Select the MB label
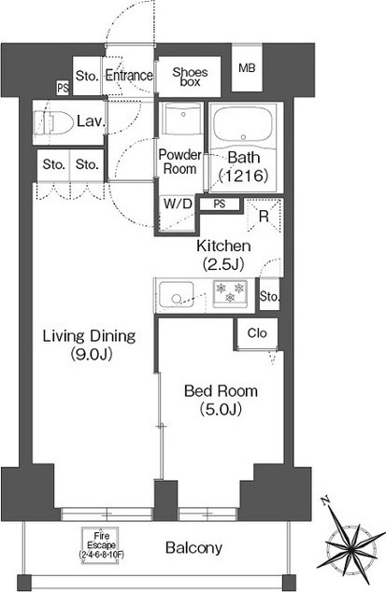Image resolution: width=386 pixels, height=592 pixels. (x=247, y=68)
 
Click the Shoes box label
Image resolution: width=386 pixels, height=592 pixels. (x=190, y=77)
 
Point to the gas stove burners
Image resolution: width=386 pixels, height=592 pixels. (x=230, y=293)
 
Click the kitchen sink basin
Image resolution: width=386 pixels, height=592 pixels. (x=176, y=294)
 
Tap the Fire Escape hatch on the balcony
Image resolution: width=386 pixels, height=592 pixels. (x=101, y=544)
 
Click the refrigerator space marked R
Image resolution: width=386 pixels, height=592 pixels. (x=264, y=216)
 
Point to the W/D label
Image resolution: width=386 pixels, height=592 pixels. (x=178, y=204)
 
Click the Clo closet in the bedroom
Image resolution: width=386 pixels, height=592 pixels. (x=257, y=333)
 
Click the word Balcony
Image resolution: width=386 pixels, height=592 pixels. (x=193, y=548)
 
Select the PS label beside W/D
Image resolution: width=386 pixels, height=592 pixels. (x=220, y=204)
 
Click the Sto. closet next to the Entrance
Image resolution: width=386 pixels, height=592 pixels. (x=87, y=76)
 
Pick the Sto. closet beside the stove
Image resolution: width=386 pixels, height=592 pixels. (x=269, y=296)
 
